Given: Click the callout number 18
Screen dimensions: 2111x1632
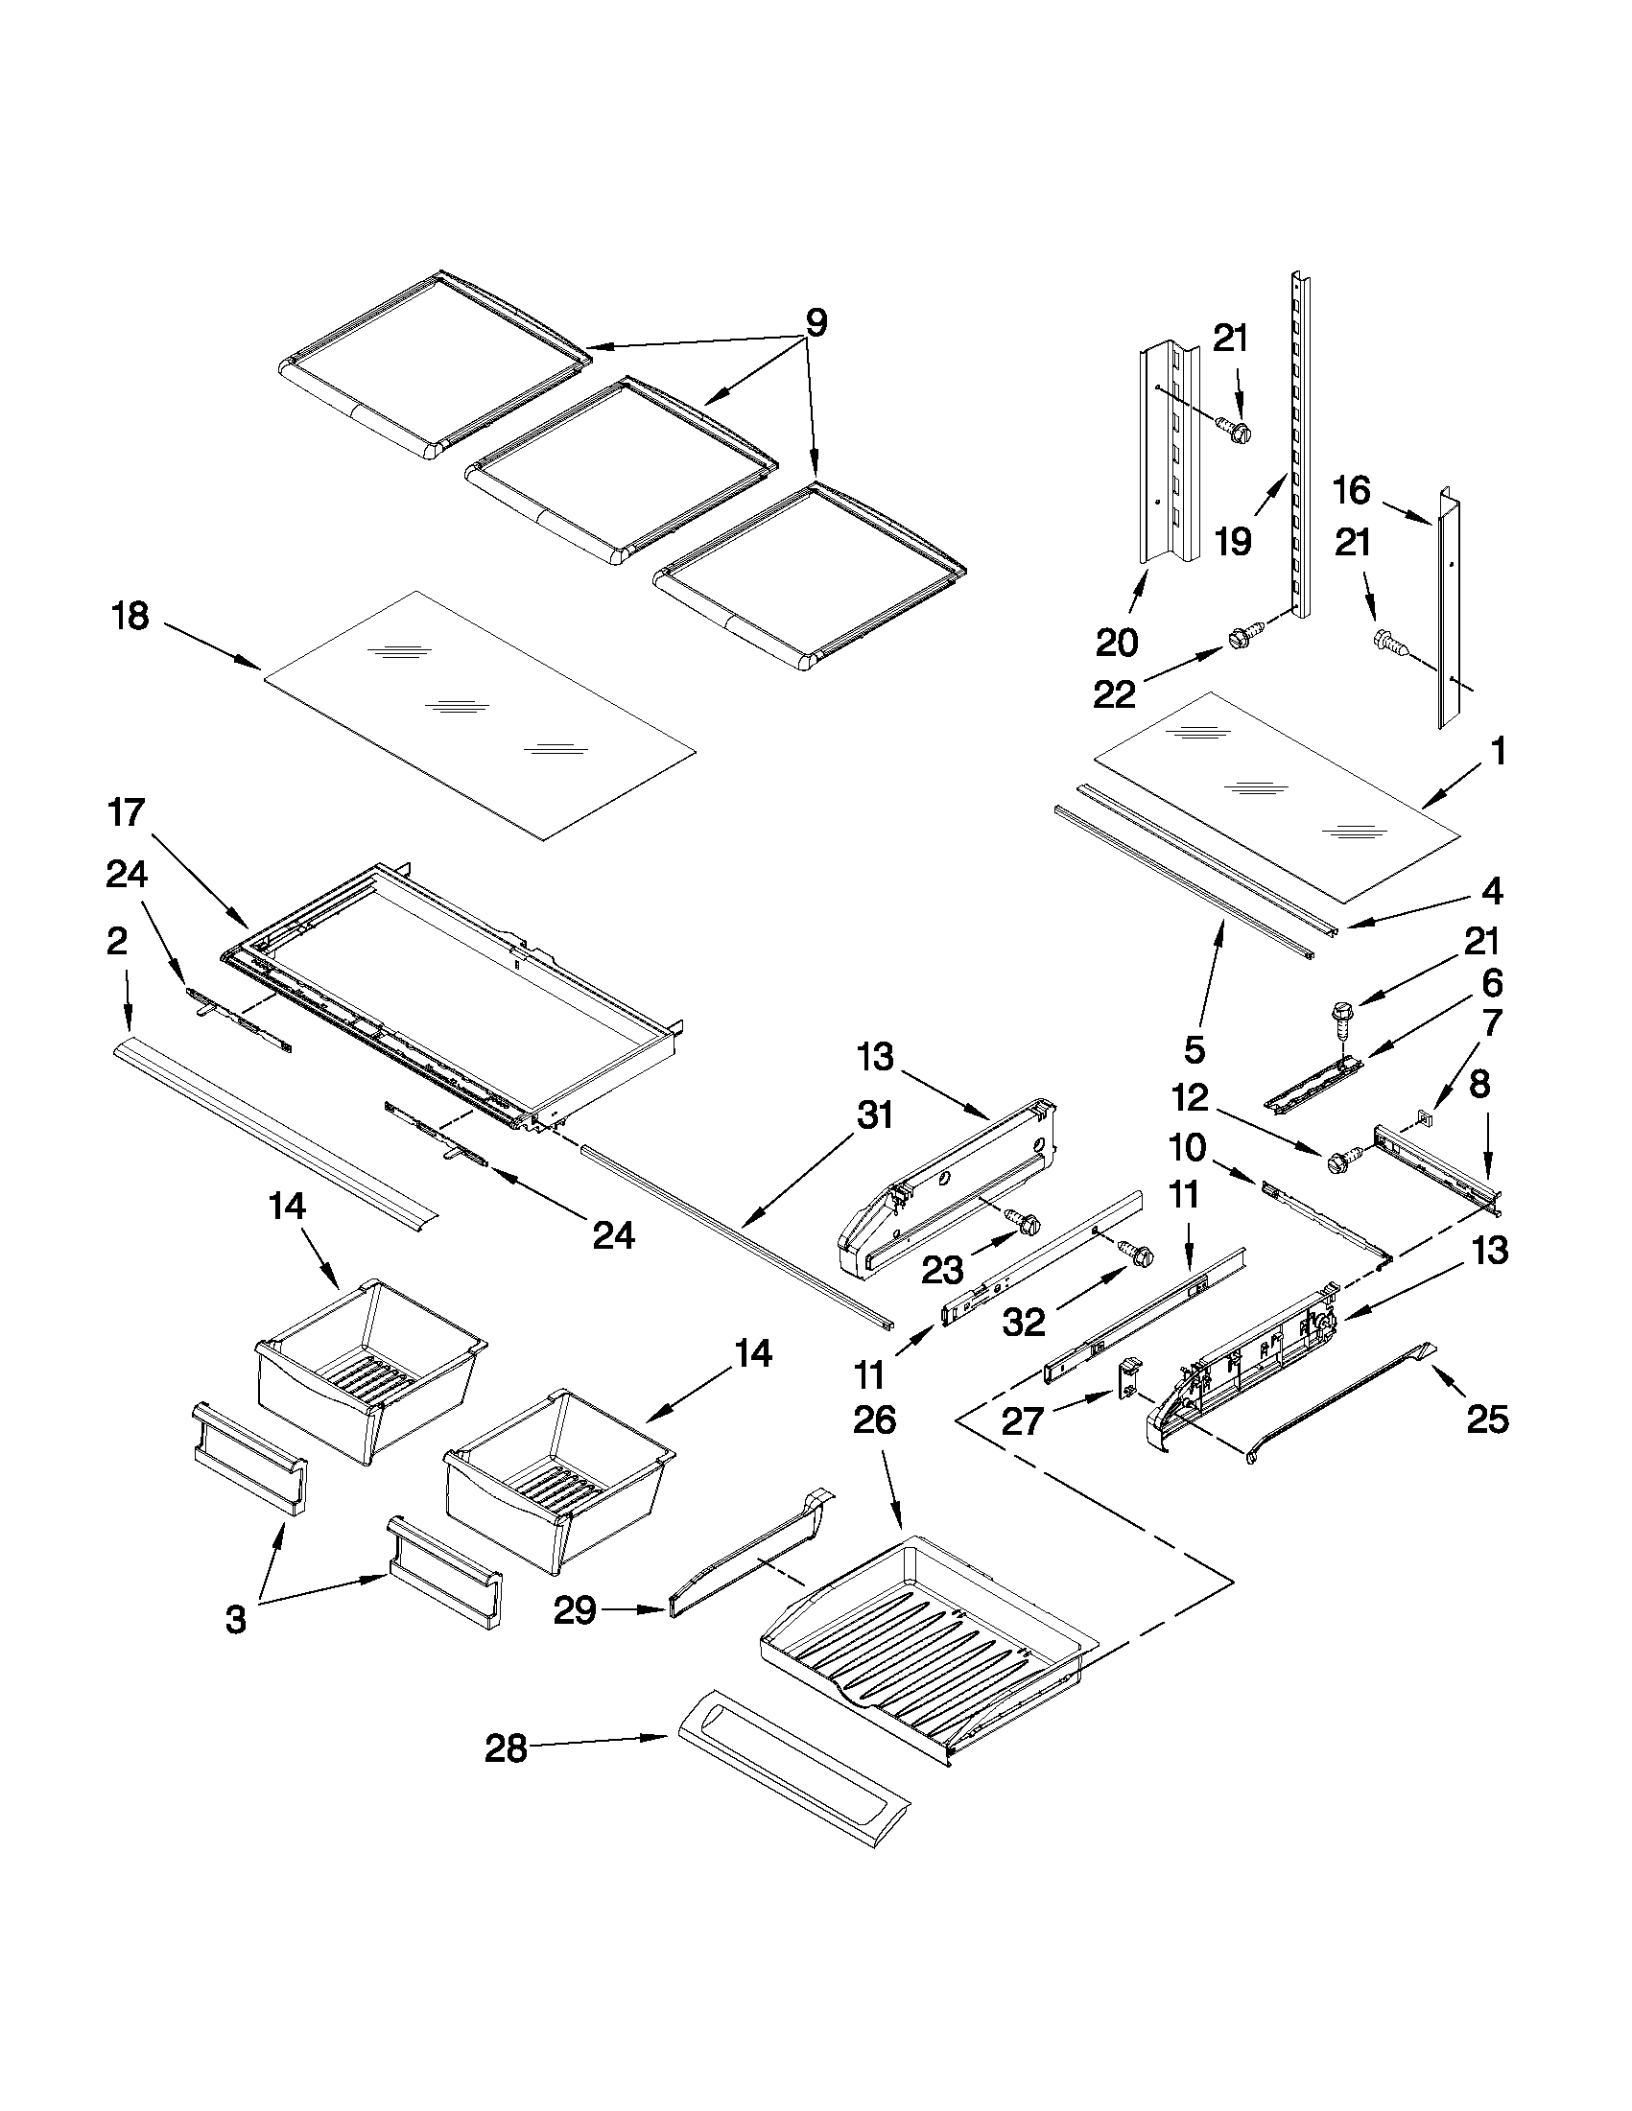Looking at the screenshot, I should [x=131, y=616].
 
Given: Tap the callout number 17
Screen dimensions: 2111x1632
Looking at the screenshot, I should [x=127, y=813].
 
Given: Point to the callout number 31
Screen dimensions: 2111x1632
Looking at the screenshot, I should [x=874, y=1115].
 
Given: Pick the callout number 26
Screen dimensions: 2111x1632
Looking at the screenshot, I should [x=874, y=1419].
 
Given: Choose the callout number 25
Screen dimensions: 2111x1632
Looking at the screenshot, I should [x=1487, y=1419].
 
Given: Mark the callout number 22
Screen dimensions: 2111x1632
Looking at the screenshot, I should [x=1114, y=694].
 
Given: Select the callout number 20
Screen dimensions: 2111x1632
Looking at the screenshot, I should [x=1117, y=642].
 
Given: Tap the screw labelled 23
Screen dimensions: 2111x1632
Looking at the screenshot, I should [x=1023, y=1221].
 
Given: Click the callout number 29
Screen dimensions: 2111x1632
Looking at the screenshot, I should [x=575, y=1610].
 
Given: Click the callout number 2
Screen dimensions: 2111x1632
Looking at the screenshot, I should [x=116, y=942].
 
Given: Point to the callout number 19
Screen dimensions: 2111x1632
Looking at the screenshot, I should [x=1233, y=542].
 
